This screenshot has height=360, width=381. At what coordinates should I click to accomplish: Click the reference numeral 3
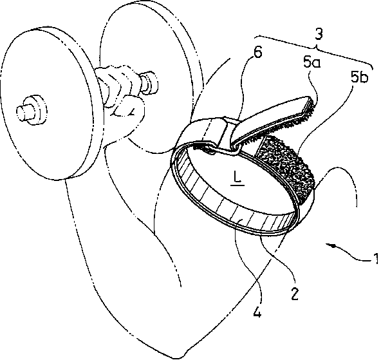319,34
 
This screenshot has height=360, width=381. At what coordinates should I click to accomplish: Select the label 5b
359,78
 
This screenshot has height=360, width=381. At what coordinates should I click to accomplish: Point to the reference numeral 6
257,52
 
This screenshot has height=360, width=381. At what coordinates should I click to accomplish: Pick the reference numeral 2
294,293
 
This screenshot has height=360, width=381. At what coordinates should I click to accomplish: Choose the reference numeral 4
257,310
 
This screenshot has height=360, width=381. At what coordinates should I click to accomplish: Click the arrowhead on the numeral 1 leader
330,245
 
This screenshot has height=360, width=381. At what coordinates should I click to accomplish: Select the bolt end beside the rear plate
149,82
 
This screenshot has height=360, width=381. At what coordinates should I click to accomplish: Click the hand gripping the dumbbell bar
122,97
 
